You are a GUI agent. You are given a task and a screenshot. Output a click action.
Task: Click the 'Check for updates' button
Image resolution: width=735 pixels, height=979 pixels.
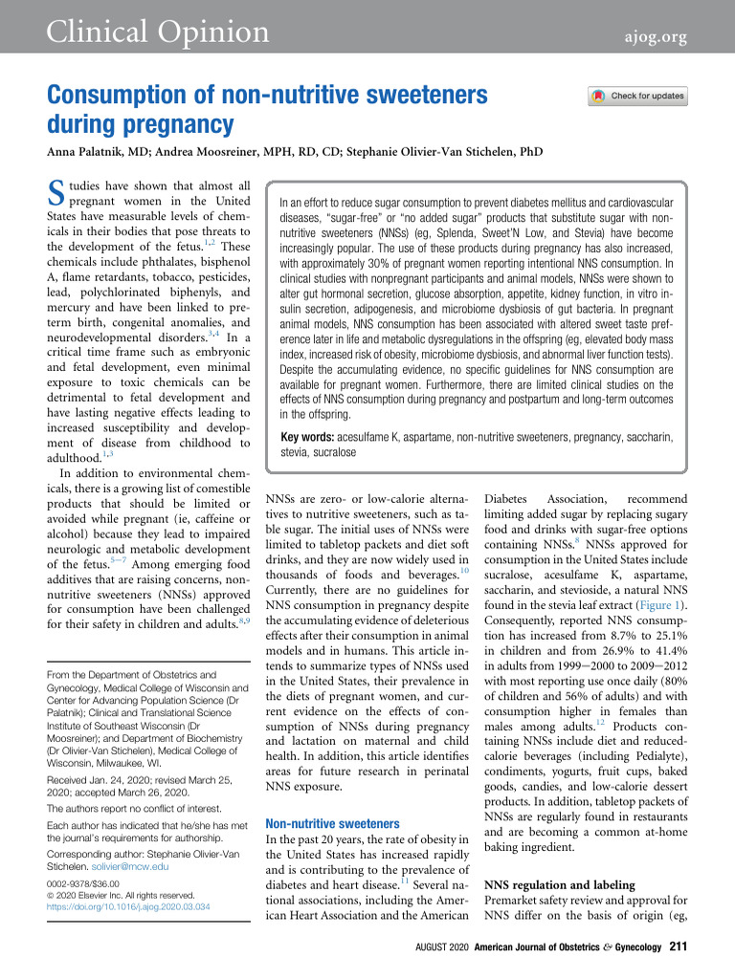point(638,96)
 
